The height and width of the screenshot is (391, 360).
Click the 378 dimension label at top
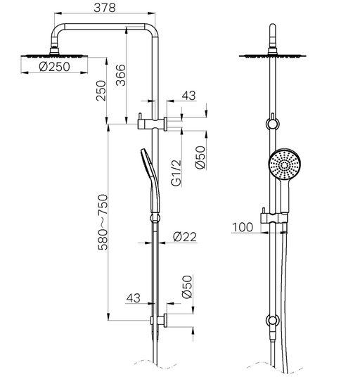(x=105, y=8)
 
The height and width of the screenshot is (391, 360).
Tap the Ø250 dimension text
(x=55, y=67)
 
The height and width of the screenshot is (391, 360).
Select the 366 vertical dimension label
(x=121, y=75)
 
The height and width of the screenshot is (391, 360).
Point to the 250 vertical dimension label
(x=101, y=91)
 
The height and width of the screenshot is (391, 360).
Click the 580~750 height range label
(x=103, y=222)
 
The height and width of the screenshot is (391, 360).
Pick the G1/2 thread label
(x=176, y=173)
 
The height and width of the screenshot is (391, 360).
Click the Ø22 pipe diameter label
(x=185, y=237)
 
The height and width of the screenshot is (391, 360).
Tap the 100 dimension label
(x=243, y=227)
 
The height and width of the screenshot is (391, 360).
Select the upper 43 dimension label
(x=188, y=96)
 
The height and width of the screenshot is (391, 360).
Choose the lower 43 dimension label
(x=133, y=298)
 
